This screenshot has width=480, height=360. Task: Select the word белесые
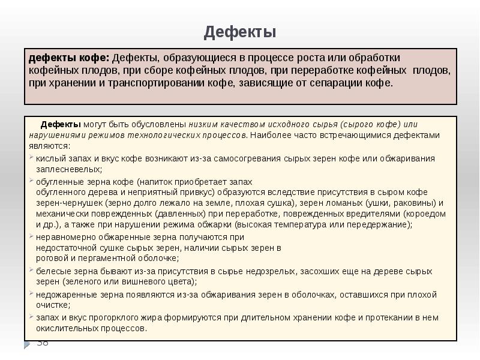(51, 271)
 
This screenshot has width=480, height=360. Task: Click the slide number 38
(42, 343)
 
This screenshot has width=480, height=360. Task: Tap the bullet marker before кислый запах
(32, 159)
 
